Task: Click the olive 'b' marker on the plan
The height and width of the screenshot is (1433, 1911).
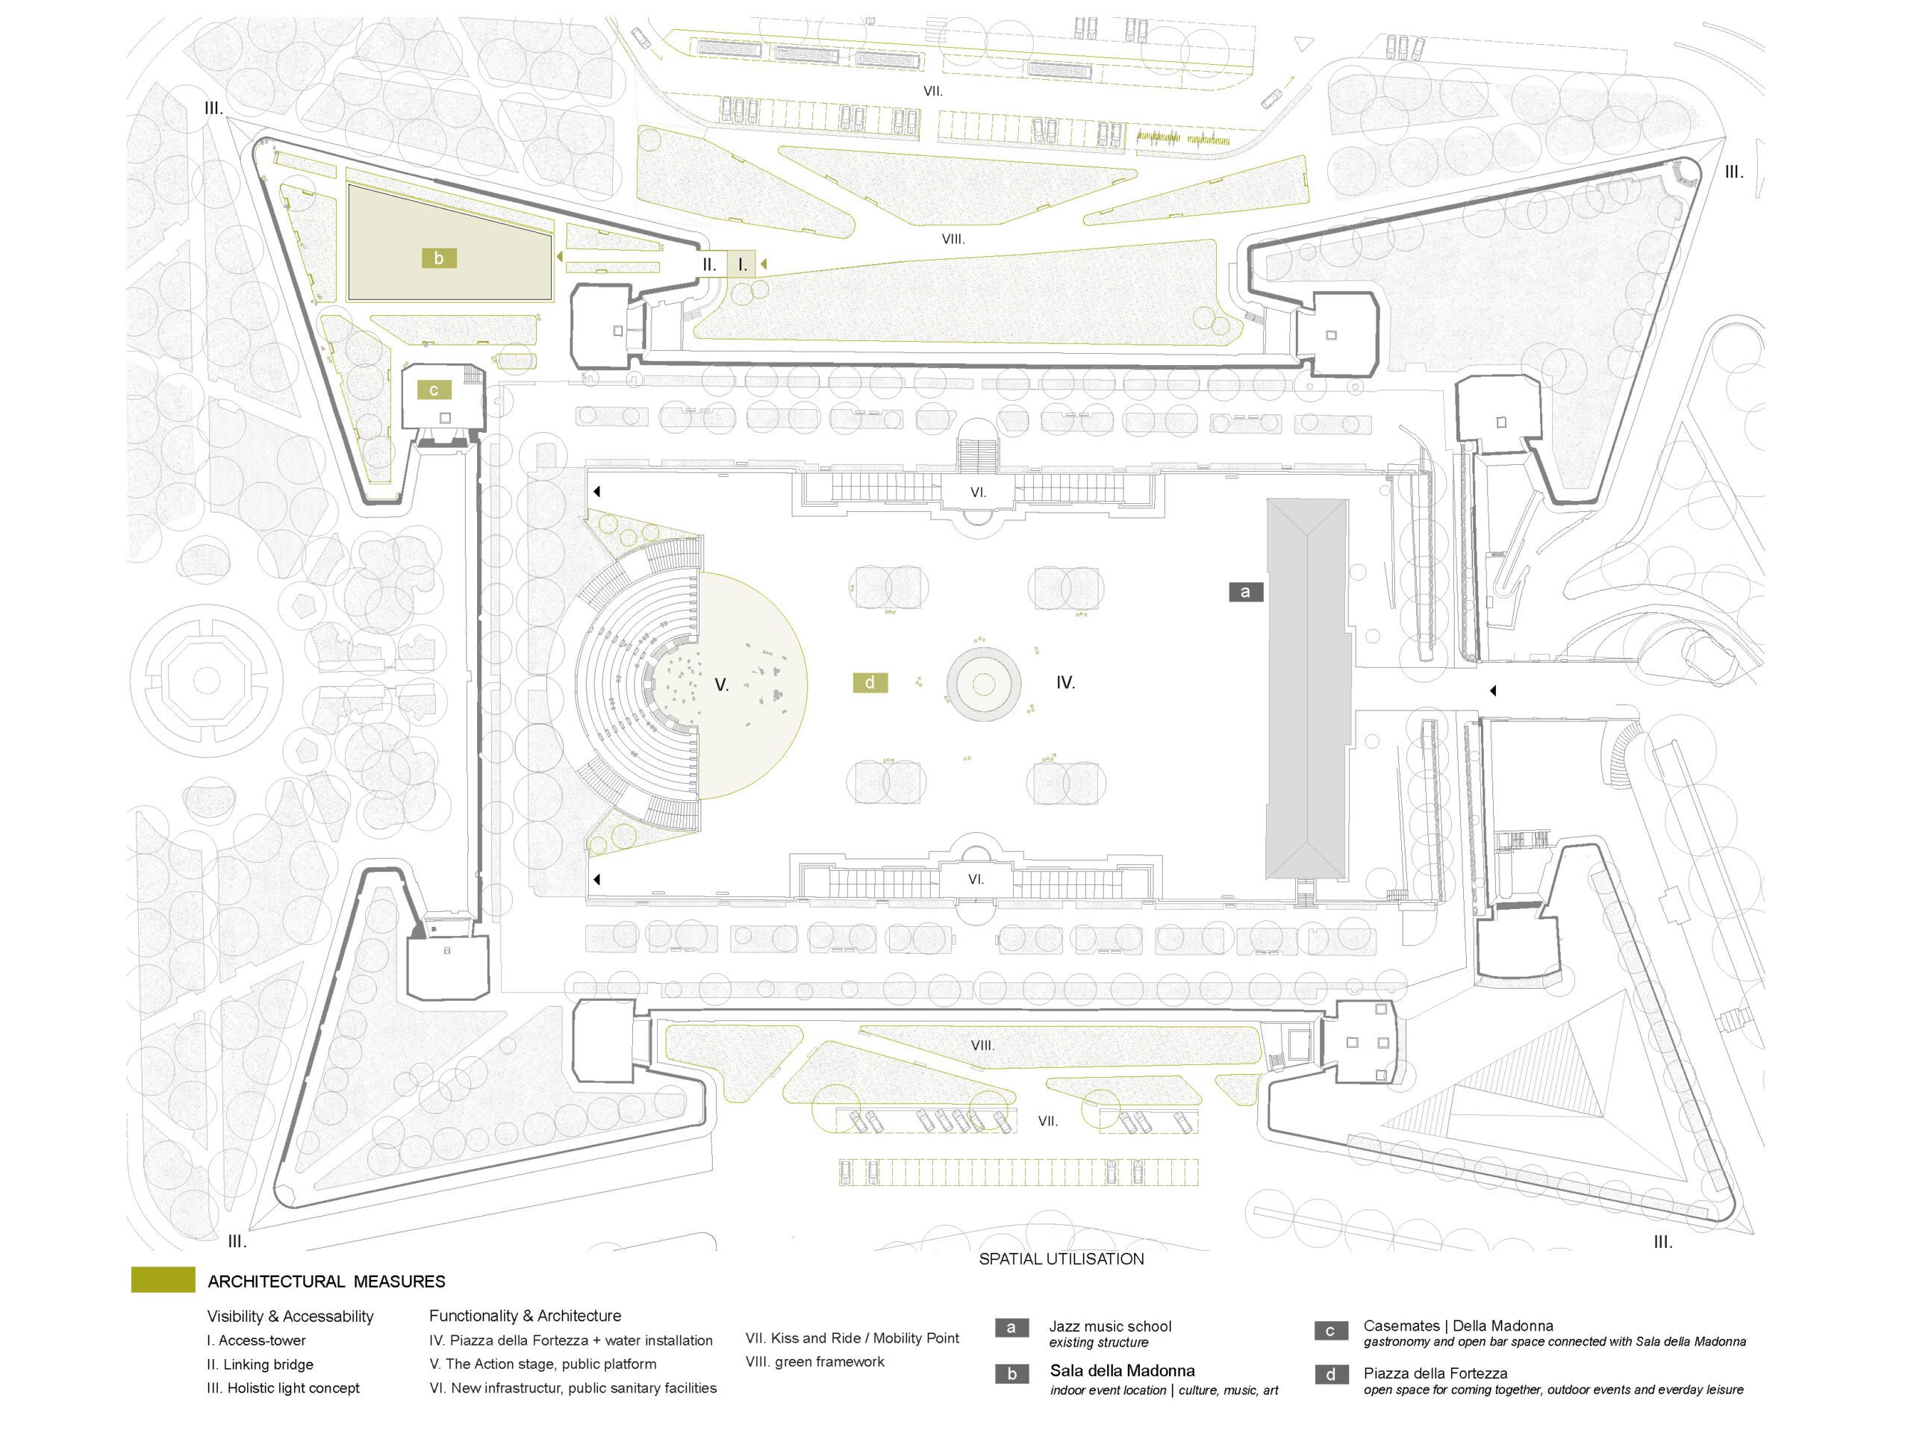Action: coord(439,257)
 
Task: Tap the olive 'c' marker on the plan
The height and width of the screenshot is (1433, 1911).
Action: coord(434,390)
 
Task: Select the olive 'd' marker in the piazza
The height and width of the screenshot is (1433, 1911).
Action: coord(870,682)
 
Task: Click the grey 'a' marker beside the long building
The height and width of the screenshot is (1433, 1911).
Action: coord(1245,592)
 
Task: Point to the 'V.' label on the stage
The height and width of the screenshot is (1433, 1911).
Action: coord(721,685)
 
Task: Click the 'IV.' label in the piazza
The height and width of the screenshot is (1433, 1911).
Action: coord(1065,682)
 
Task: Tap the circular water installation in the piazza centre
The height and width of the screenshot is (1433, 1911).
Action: coord(984,683)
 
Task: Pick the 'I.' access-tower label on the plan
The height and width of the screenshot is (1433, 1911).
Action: coord(742,265)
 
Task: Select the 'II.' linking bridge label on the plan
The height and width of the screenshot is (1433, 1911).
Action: coord(709,264)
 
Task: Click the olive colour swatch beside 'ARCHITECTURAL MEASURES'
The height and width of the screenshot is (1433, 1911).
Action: coord(163,1280)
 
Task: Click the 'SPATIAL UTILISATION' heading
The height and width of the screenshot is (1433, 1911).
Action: coord(1061,1258)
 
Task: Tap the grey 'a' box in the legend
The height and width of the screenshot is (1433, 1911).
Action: coord(1011,1328)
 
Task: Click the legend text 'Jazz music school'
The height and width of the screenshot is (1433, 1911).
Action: coord(1110,1326)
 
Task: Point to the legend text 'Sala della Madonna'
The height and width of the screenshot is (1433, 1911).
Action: coord(1122,1371)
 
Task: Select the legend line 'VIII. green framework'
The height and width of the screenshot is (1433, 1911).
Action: coord(814,1362)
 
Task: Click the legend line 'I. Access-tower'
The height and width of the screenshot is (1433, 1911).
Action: coord(256,1340)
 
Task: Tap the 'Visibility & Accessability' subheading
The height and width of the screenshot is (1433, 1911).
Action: coord(290,1317)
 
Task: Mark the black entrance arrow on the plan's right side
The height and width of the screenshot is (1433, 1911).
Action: coord(1492,691)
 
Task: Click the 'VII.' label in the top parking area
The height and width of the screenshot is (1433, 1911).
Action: coord(932,91)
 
